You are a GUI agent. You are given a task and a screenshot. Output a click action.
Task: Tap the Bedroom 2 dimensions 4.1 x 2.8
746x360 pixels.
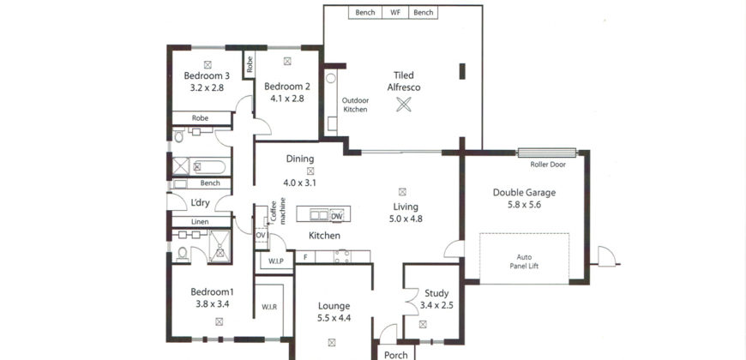point(286,99)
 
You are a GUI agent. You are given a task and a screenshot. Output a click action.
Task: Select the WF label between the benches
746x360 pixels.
point(395,13)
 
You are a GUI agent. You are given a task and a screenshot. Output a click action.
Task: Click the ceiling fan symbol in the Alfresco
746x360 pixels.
point(403,105)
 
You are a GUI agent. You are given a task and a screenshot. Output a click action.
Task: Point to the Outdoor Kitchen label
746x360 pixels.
point(355,105)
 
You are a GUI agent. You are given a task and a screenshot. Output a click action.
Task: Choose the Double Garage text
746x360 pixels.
point(526,193)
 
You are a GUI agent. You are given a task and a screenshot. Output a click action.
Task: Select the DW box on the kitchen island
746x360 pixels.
point(336,216)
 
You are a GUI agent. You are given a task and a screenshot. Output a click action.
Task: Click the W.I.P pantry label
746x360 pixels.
point(275,261)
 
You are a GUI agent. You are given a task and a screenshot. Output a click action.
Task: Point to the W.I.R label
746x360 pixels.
point(270,306)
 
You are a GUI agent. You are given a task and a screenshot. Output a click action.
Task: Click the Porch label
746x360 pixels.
point(395,353)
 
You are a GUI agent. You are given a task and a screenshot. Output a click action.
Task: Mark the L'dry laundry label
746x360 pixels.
point(200,202)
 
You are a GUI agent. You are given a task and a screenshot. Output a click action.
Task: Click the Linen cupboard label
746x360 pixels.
point(199,222)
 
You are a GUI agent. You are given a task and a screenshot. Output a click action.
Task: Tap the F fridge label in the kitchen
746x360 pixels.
point(304,255)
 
